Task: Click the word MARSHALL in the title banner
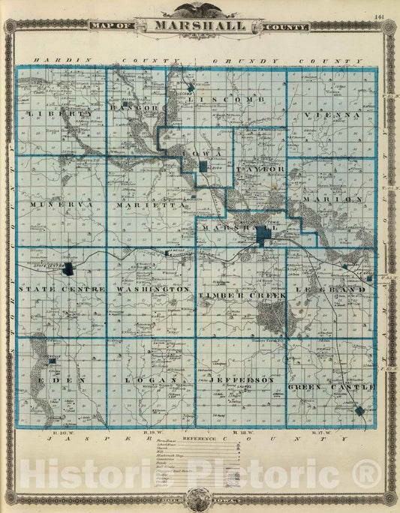click(200, 25)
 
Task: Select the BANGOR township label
click(136, 107)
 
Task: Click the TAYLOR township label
click(260, 169)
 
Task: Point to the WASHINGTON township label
click(152, 289)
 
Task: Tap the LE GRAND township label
click(342, 289)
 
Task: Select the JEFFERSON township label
click(239, 380)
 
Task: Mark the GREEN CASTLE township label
click(331, 386)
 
